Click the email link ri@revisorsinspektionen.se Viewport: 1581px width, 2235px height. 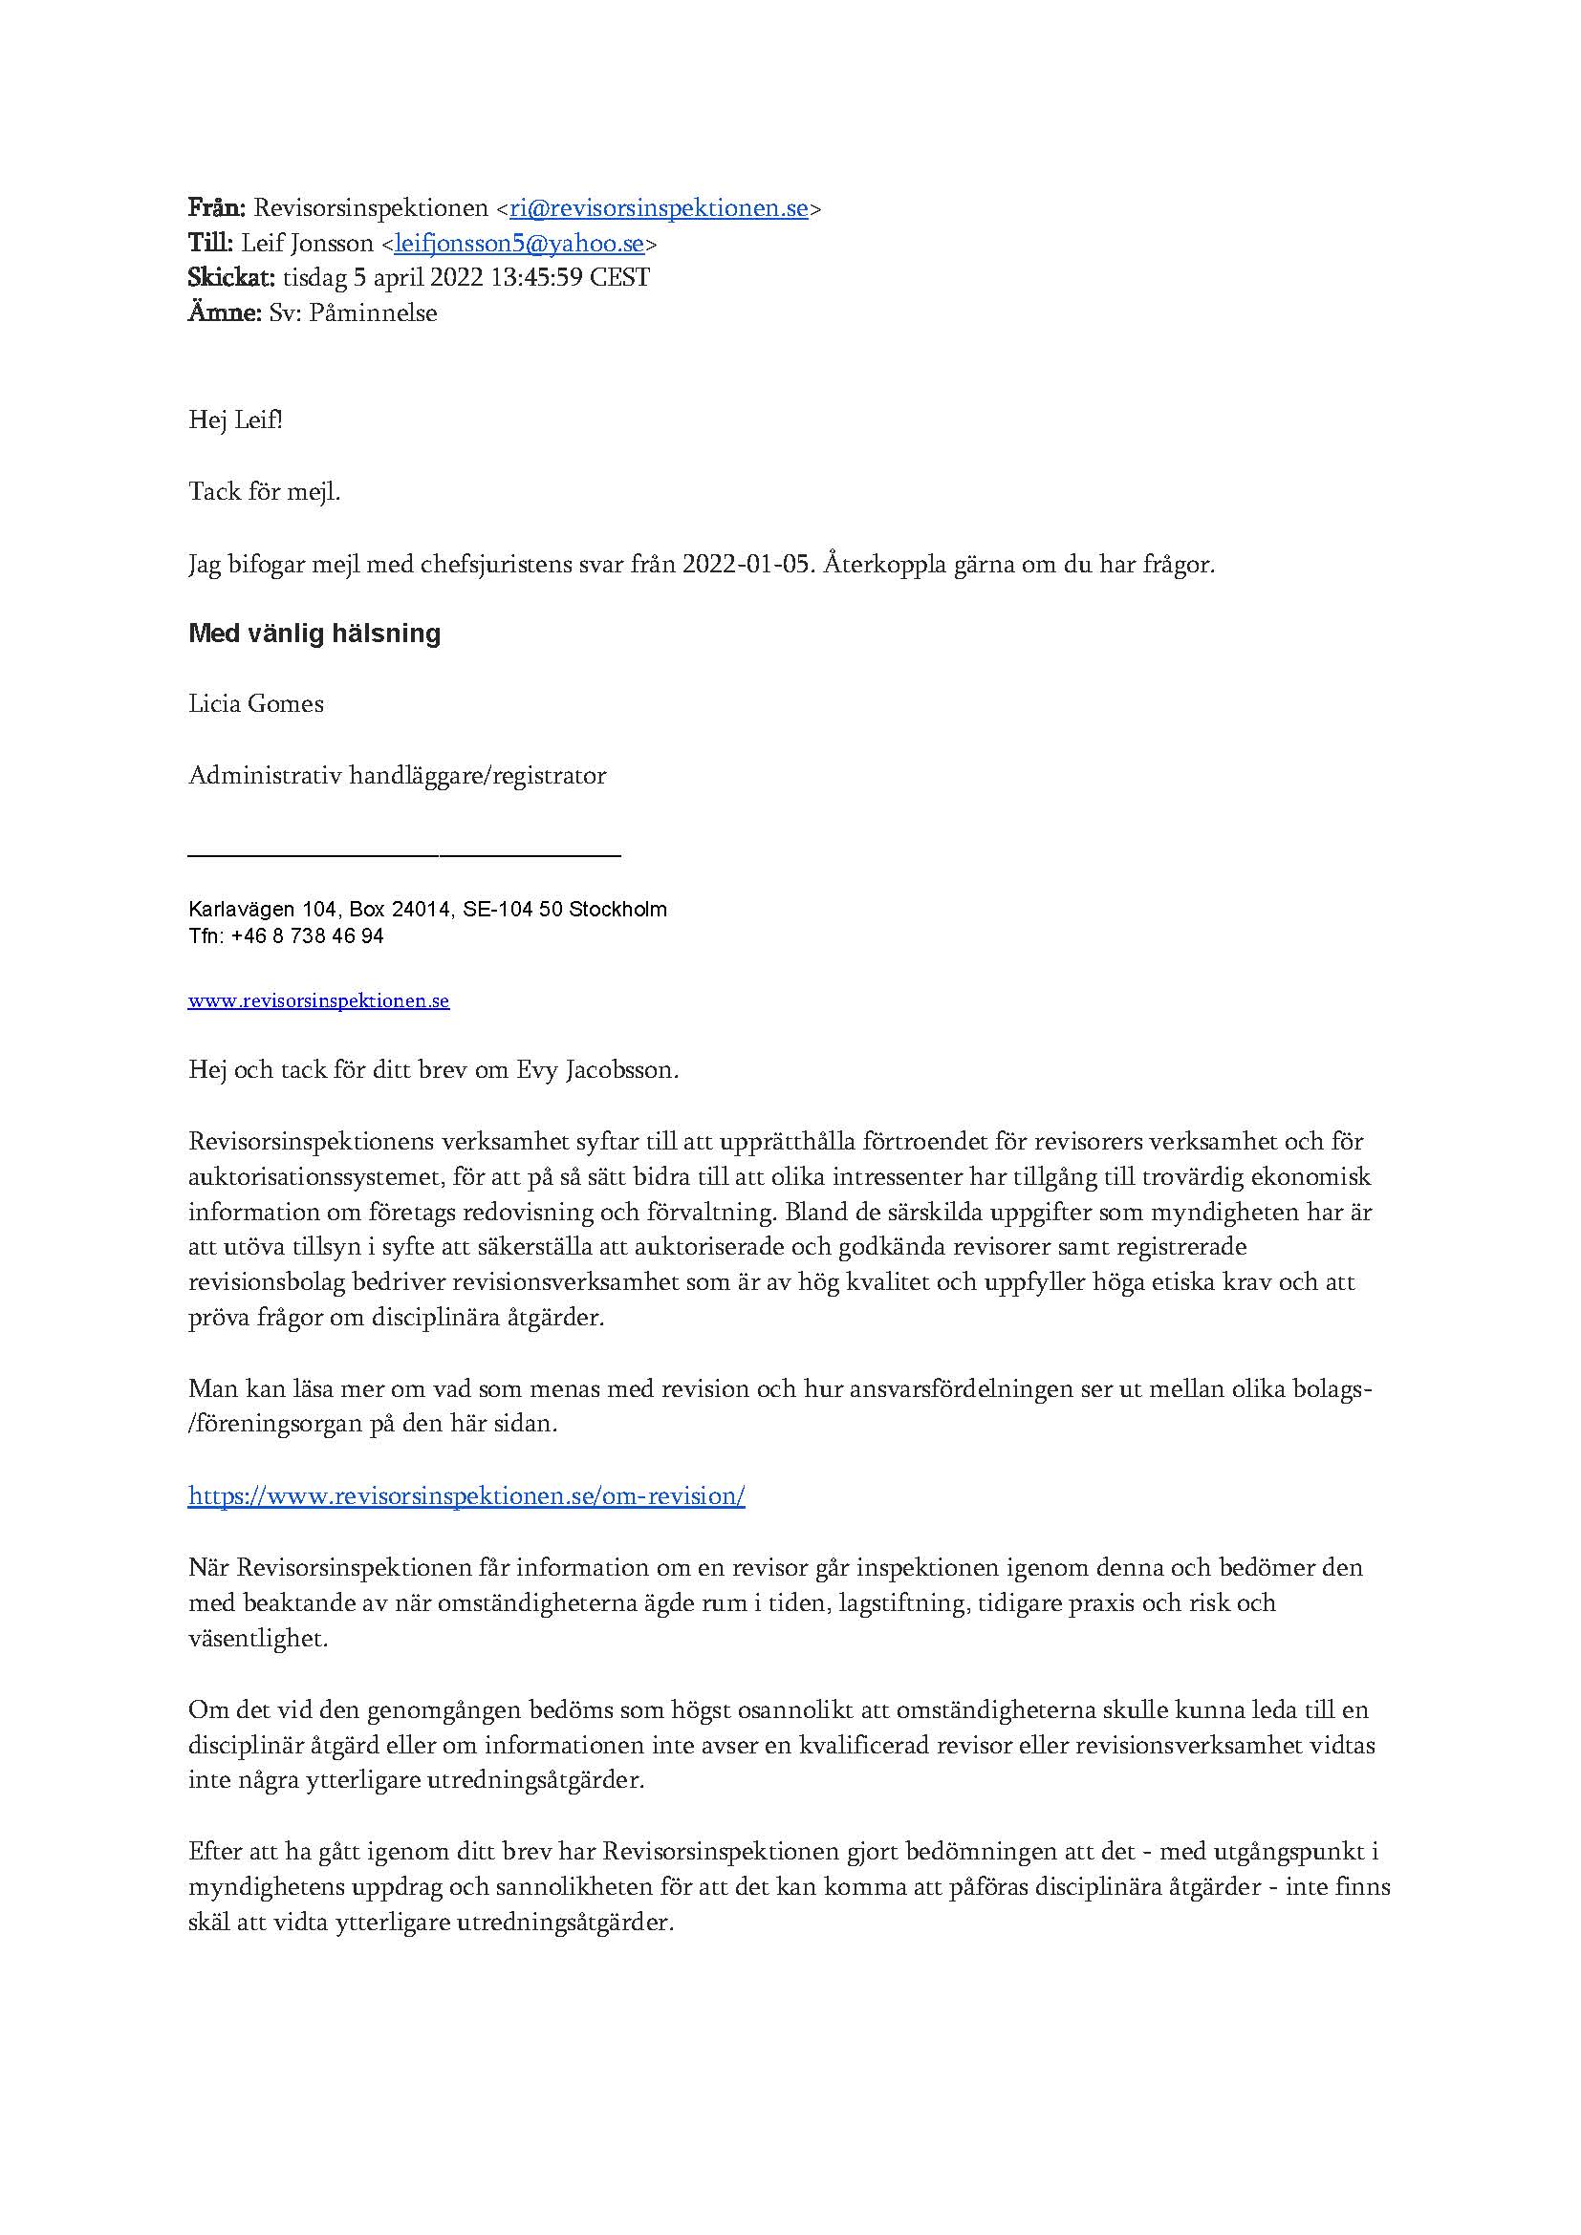pos(658,208)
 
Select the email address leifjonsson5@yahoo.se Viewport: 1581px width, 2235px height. pos(519,244)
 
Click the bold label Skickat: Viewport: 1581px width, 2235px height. pos(231,278)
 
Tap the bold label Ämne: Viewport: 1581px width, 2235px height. pos(224,313)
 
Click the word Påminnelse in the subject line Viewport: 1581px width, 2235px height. pos(373,313)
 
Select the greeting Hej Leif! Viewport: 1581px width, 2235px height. pos(235,421)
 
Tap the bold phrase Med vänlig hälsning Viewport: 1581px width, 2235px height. pos(314,634)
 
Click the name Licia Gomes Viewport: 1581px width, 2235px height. pos(256,704)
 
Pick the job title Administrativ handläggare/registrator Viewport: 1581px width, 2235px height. pos(398,776)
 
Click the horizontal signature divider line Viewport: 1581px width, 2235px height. pos(404,855)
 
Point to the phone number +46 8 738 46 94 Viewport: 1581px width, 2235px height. pos(308,936)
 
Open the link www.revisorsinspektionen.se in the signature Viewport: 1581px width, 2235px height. pos(318,1000)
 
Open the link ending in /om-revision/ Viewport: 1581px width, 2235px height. pos(466,1496)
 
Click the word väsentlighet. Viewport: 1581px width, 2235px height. pos(258,1639)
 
